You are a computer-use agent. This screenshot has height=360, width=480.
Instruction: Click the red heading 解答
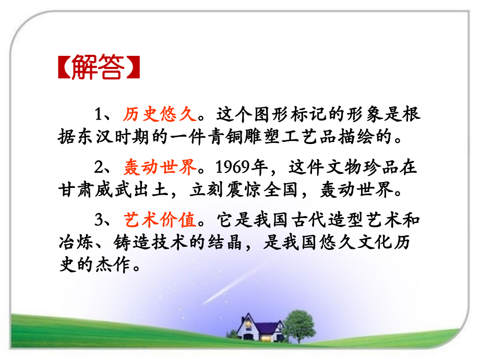pos(98,67)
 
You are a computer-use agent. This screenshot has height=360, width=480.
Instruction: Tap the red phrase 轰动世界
pos(160,167)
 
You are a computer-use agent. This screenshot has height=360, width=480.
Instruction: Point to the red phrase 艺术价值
pos(160,220)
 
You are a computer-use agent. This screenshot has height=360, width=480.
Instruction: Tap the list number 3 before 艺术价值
pos(98,220)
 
